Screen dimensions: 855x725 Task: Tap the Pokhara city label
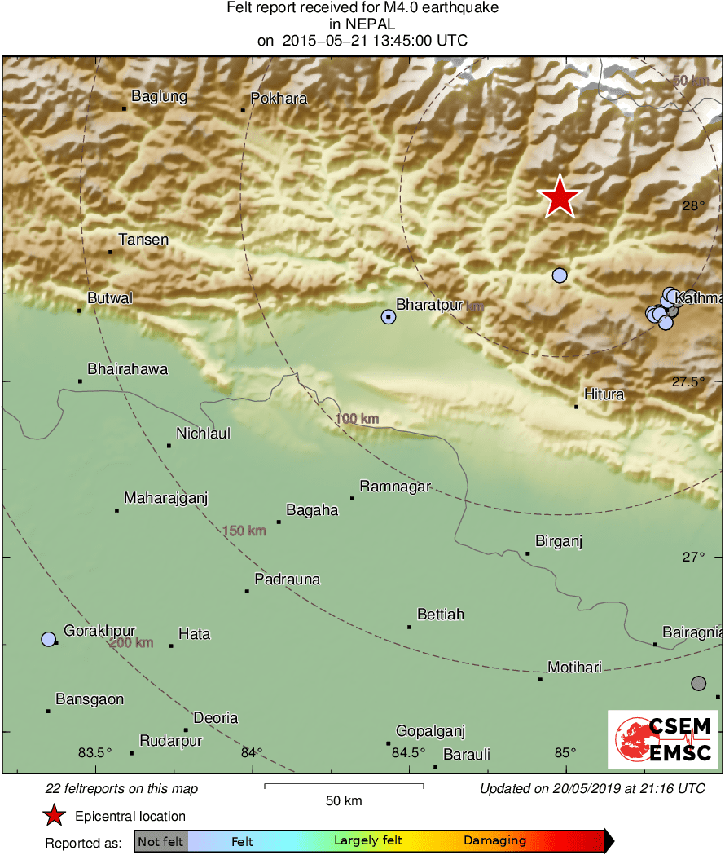tap(279, 99)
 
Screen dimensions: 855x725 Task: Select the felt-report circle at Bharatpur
tap(389, 317)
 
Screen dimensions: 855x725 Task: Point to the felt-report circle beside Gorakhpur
tap(49, 639)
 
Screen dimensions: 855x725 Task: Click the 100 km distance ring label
tap(357, 419)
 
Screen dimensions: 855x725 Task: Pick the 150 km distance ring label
tap(244, 531)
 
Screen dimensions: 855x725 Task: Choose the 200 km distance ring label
tap(131, 642)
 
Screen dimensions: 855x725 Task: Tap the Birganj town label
tap(559, 541)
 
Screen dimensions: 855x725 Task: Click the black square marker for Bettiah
tap(409, 627)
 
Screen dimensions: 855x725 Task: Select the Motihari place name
tap(574, 668)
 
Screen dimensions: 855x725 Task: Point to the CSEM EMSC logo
tap(662, 738)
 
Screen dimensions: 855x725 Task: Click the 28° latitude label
tap(693, 205)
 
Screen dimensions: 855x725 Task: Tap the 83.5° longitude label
tap(95, 751)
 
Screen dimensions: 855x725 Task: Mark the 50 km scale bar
tap(343, 787)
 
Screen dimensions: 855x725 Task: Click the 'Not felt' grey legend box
tap(160, 841)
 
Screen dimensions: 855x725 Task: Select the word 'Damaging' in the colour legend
tap(494, 841)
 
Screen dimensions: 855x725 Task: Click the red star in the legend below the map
tap(54, 816)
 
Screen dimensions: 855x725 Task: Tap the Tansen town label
tap(143, 240)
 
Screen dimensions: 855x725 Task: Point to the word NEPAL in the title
tap(362, 24)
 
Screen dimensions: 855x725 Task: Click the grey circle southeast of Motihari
tap(698, 683)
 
